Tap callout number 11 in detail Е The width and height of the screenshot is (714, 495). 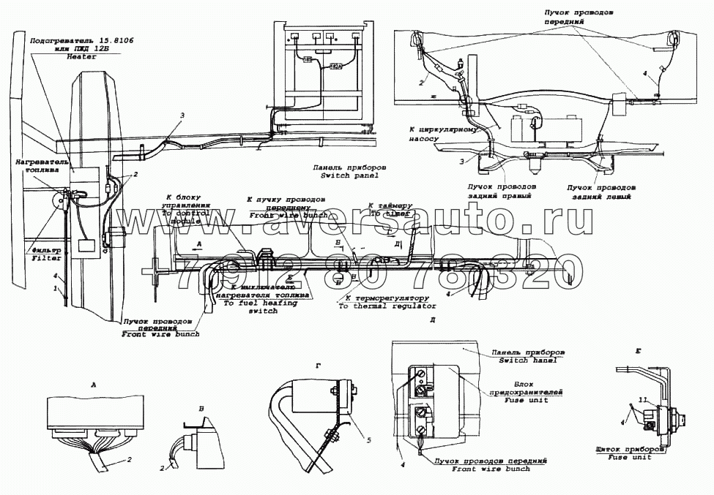(x=642, y=399)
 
